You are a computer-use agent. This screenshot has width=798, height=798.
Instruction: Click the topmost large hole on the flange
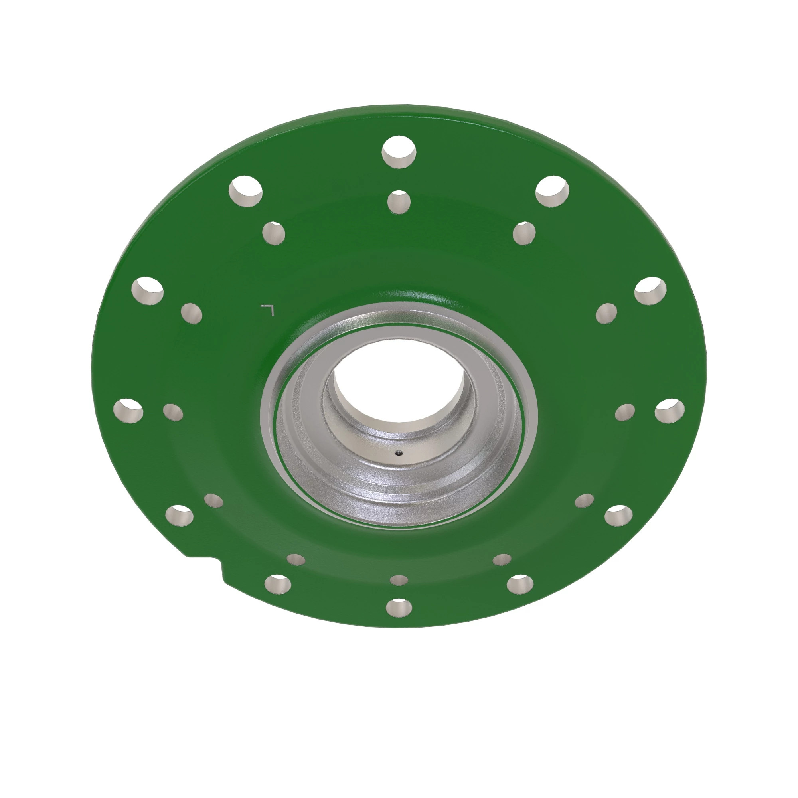(x=399, y=152)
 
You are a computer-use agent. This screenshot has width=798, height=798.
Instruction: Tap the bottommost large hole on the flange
(x=399, y=607)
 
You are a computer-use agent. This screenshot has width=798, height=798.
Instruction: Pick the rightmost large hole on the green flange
(x=670, y=411)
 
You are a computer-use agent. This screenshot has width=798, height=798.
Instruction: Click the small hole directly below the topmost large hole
(x=399, y=202)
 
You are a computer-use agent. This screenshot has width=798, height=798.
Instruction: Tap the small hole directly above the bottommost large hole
(x=399, y=580)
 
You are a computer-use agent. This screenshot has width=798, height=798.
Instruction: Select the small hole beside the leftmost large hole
(x=173, y=412)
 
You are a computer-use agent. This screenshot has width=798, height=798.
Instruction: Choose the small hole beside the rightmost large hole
(x=625, y=412)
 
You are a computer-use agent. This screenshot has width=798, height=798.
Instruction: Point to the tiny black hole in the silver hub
(x=399, y=453)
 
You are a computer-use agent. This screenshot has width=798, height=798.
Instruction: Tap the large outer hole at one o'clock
(x=552, y=191)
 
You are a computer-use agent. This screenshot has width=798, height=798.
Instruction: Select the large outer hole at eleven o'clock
(x=246, y=191)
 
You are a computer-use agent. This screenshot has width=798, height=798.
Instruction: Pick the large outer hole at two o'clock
(x=650, y=291)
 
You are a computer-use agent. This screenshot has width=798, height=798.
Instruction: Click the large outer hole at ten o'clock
(x=148, y=291)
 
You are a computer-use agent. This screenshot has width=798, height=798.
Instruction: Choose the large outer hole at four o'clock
(x=618, y=515)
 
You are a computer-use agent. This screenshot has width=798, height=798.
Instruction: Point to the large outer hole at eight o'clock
(x=179, y=515)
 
